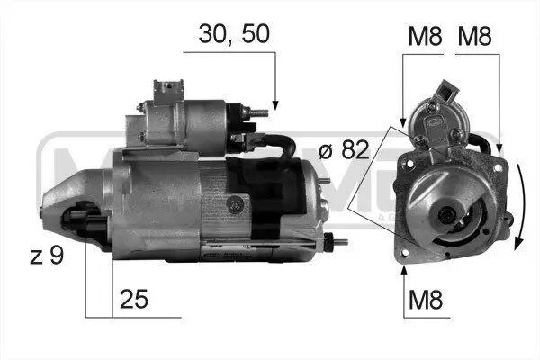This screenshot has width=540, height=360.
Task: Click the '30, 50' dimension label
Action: [x=234, y=34]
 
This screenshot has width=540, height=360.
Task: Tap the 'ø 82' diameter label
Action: [x=345, y=149]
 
